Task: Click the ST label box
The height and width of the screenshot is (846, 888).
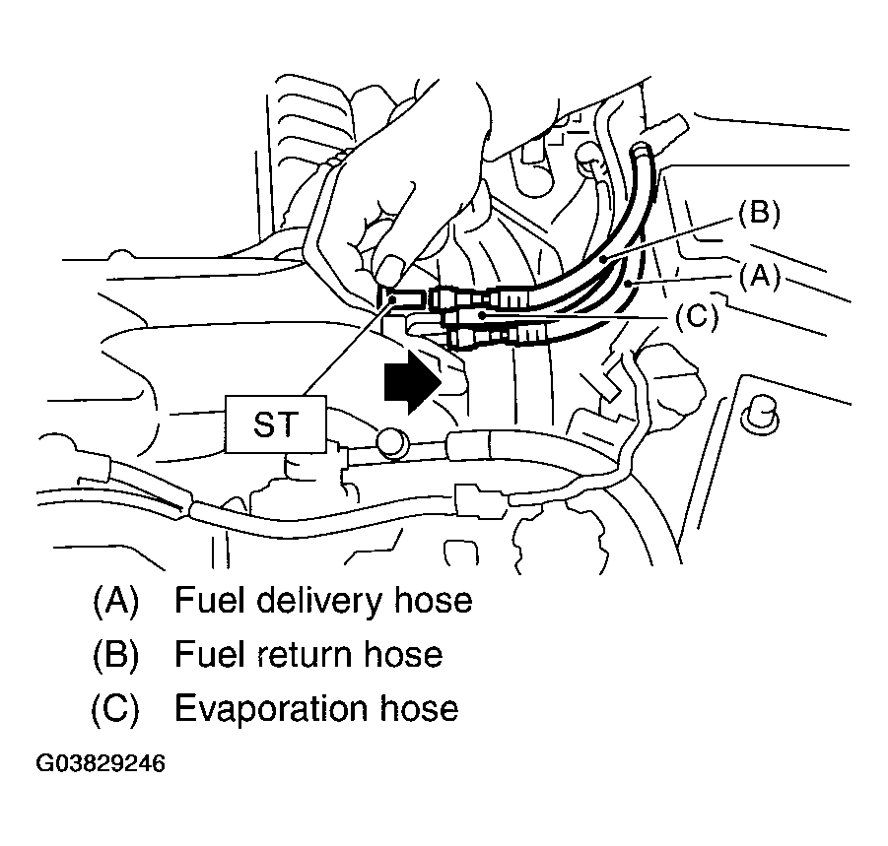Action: click(275, 424)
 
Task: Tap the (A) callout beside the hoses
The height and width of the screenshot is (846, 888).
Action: click(759, 279)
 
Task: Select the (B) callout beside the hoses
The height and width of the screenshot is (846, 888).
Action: click(757, 216)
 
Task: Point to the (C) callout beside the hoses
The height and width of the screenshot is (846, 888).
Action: click(696, 318)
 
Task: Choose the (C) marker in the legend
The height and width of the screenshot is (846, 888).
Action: click(115, 708)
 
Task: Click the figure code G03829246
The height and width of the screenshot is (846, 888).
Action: click(101, 764)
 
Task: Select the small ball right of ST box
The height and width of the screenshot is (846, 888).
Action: click(391, 443)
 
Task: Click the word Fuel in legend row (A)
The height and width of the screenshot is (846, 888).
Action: click(205, 600)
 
